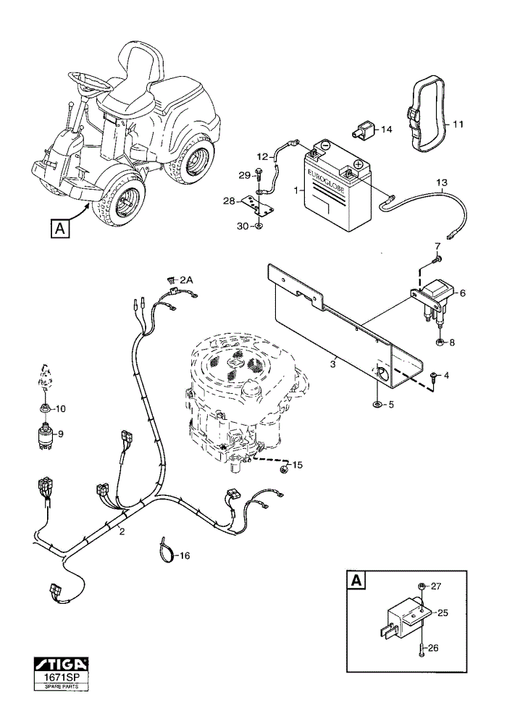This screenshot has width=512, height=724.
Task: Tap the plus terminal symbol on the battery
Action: click(358, 164)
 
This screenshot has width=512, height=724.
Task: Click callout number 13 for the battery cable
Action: click(442, 183)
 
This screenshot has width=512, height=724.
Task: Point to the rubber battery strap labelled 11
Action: click(427, 113)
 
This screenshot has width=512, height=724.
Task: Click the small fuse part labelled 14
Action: click(365, 130)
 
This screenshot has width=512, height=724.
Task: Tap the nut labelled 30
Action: click(259, 226)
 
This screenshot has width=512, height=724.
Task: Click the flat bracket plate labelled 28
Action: click(256, 205)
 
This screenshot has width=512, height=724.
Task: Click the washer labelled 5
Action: click(377, 405)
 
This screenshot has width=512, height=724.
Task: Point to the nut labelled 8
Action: click(439, 342)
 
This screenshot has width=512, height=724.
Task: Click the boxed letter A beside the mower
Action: click(60, 229)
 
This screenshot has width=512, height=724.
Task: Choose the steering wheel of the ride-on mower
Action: click(87, 83)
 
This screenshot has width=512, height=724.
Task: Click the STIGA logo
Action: click(61, 665)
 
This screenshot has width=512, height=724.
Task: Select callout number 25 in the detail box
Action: click(442, 613)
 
